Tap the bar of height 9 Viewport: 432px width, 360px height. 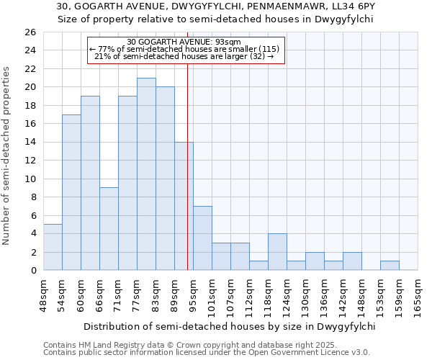109,229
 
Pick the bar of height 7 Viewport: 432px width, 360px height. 202,238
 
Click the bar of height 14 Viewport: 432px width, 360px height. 184,206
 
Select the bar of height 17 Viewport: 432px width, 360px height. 71,192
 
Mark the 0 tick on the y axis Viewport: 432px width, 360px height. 32,271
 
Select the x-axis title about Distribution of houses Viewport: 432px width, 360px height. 230,326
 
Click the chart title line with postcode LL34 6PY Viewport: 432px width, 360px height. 215,6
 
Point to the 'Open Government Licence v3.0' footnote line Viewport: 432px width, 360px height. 207,353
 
